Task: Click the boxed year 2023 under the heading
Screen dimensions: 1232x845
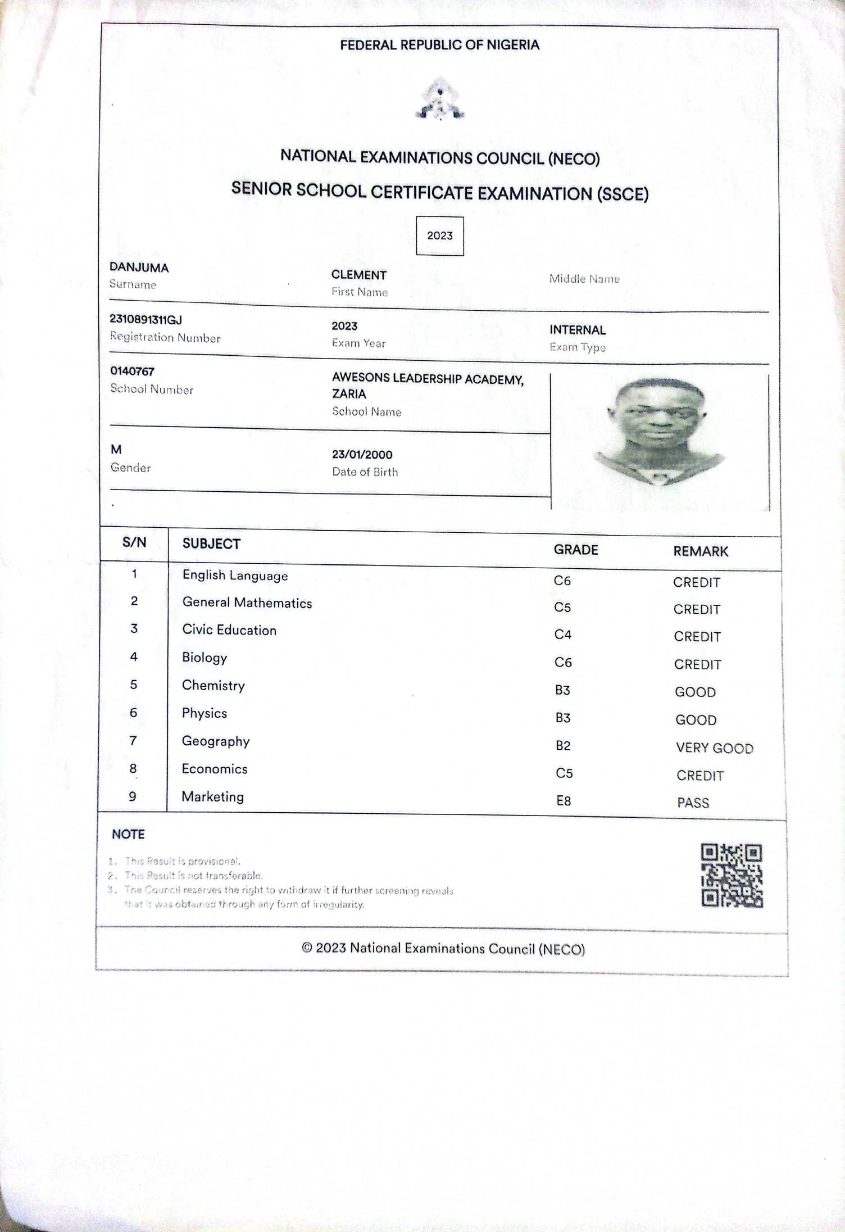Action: pyautogui.click(x=440, y=236)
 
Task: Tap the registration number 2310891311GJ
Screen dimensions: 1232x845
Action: pyautogui.click(x=146, y=320)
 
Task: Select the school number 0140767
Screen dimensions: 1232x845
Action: pyautogui.click(x=132, y=372)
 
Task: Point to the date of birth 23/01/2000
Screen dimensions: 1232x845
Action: pyautogui.click(x=362, y=455)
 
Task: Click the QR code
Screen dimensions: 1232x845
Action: pyautogui.click(x=732, y=876)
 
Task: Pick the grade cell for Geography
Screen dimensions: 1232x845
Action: pyautogui.click(x=563, y=746)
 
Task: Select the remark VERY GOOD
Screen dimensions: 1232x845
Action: pyautogui.click(x=714, y=748)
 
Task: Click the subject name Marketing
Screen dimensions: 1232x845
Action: pyautogui.click(x=212, y=797)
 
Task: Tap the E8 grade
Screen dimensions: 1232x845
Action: pyautogui.click(x=564, y=801)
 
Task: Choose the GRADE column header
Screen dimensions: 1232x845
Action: pyautogui.click(x=576, y=550)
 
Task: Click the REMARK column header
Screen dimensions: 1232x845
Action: pyautogui.click(x=701, y=552)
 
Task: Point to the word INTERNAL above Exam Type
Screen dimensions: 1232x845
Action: pyautogui.click(x=578, y=330)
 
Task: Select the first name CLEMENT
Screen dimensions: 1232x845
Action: pyautogui.click(x=358, y=275)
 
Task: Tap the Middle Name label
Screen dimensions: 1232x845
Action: pyautogui.click(x=584, y=279)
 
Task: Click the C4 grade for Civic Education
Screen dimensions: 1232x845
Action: pyautogui.click(x=563, y=635)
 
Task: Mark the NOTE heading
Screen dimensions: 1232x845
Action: pyautogui.click(x=128, y=834)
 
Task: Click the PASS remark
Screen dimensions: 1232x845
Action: pyautogui.click(x=693, y=803)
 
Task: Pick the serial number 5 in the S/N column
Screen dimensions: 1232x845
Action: pyautogui.click(x=134, y=685)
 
